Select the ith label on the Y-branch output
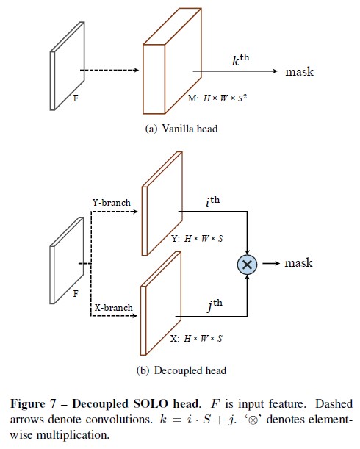pyautogui.click(x=215, y=199)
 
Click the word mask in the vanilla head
pyautogui.click(x=299, y=72)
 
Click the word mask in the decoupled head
pyautogui.click(x=298, y=263)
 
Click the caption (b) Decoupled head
pyautogui.click(x=181, y=370)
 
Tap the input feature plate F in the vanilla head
pyautogui.click(x=65, y=68)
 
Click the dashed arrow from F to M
pyautogui.click(x=110, y=71)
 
